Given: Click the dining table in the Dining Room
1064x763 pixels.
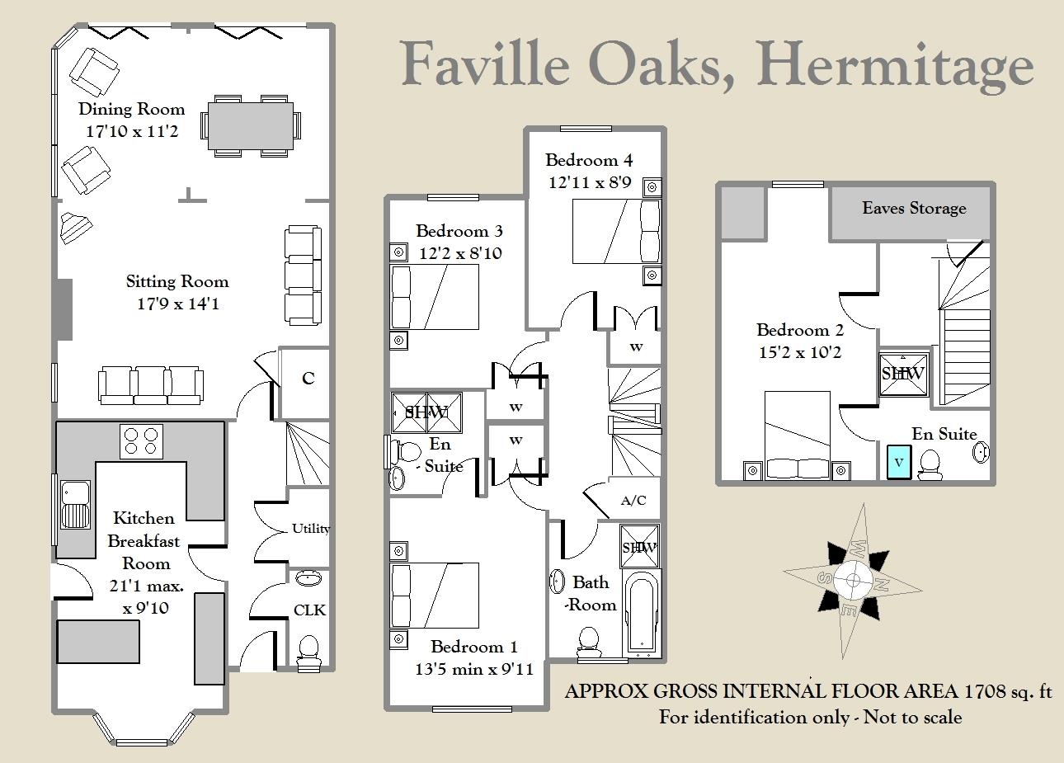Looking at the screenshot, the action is point(250,126).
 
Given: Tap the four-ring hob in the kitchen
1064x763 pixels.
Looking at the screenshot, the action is point(141,441).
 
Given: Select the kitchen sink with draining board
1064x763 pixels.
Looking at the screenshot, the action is point(76,505).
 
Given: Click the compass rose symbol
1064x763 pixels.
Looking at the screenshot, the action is point(853,581).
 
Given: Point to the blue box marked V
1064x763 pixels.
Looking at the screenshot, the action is point(899,462).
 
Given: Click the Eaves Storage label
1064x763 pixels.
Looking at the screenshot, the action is point(914,208).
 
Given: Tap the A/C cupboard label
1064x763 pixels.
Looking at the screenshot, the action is point(633,500).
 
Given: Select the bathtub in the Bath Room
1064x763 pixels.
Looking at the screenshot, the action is point(641,613).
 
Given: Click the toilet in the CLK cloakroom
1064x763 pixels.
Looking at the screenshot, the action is point(308,653).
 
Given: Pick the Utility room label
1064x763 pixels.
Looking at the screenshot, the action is point(311,528).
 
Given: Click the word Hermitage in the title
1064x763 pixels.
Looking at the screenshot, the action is point(895,65).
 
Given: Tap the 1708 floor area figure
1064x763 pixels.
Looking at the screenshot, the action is point(985,691).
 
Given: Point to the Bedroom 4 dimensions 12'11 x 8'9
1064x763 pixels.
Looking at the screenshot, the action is point(590,182).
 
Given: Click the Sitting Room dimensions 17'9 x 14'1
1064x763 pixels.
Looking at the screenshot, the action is point(178,304).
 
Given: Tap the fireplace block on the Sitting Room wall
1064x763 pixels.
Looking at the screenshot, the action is point(64,309).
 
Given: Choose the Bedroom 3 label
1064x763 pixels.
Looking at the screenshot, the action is point(459,231).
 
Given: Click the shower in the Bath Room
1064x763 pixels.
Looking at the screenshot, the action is point(639,546).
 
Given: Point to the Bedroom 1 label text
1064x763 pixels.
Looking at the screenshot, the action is point(473,647).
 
